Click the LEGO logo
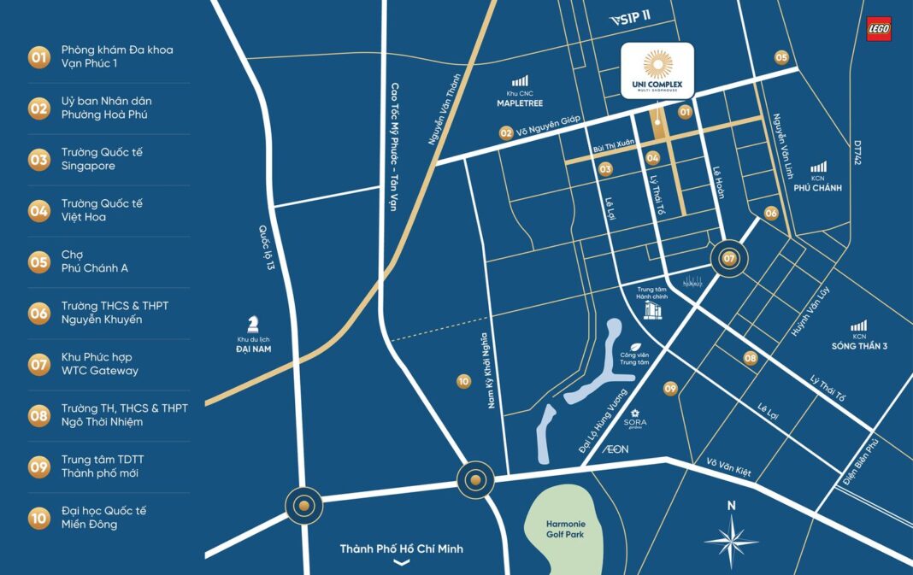878,29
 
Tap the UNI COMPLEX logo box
657,71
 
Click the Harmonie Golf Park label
565,529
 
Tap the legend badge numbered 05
39,261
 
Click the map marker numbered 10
463,382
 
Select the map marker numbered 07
729,258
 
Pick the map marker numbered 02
506,133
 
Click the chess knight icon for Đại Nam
252,323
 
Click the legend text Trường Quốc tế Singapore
101,159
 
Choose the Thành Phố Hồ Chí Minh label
401,549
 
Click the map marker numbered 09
670,389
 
